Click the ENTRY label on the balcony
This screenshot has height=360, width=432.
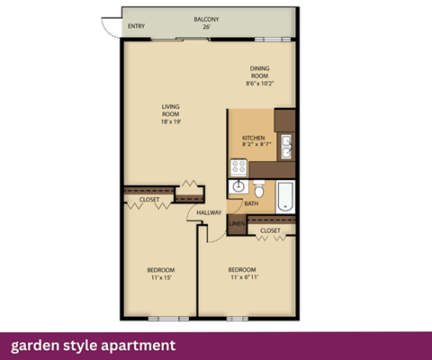pyautogui.click(x=136, y=26)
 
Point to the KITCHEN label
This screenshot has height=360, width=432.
pyautogui.click(x=253, y=139)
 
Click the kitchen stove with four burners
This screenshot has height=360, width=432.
pyautogui.click(x=239, y=166)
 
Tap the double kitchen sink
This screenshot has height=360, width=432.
pyautogui.click(x=286, y=146)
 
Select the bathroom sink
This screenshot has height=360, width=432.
pyautogui.click(x=239, y=187)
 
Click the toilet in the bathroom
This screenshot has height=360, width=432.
pyautogui.click(x=260, y=190)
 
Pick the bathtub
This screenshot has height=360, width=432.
pyautogui.click(x=285, y=196)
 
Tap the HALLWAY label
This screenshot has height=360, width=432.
pyautogui.click(x=209, y=212)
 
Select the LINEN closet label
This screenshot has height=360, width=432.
pyautogui.click(x=236, y=222)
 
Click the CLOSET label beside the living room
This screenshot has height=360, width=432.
pyautogui.click(x=149, y=199)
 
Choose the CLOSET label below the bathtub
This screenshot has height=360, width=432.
pyautogui.click(x=270, y=231)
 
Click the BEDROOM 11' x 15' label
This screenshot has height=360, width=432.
pyautogui.click(x=161, y=274)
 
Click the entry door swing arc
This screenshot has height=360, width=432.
pyautogui.click(x=107, y=28)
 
